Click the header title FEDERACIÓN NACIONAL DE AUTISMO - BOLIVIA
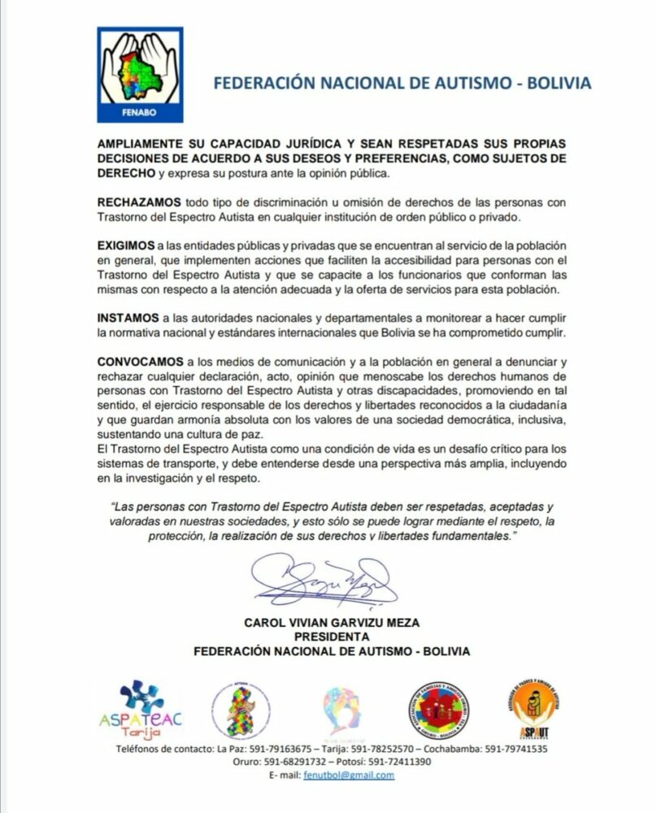coord(401,84)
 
